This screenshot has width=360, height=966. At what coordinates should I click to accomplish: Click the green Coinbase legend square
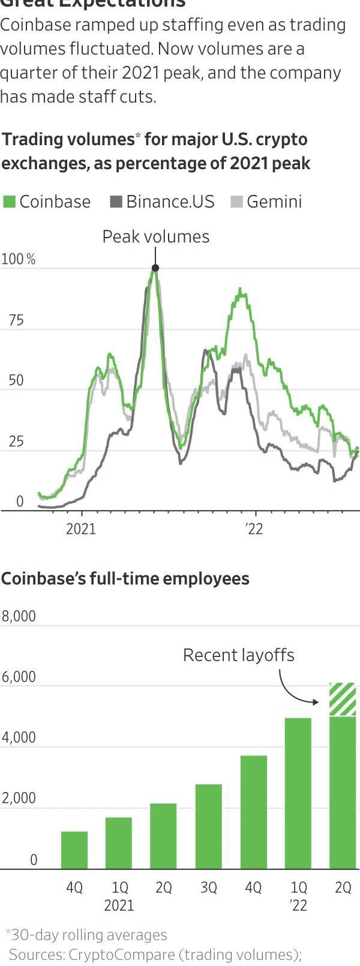click(10, 202)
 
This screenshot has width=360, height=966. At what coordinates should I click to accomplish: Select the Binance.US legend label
click(170, 202)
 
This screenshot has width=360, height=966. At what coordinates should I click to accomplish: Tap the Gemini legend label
click(274, 202)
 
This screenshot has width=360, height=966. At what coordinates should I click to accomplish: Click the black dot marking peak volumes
click(155, 268)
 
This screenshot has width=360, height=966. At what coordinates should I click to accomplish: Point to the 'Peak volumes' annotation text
click(156, 237)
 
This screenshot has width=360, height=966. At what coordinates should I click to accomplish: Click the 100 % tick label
click(19, 260)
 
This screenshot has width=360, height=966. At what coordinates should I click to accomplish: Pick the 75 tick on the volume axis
click(16, 320)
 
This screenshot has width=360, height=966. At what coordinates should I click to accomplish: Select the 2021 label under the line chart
click(80, 529)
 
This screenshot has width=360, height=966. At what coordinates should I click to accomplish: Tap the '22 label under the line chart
click(254, 529)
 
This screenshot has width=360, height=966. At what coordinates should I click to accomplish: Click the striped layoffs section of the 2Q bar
click(343, 700)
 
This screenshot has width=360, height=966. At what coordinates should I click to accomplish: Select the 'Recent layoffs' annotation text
click(239, 655)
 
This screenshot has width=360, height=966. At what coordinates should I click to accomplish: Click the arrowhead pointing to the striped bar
click(316, 701)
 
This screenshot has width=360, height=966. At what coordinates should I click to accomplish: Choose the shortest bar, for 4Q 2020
click(74, 850)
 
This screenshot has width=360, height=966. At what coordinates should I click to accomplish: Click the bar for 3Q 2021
click(208, 826)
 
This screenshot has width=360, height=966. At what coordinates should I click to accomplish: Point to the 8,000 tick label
click(19, 616)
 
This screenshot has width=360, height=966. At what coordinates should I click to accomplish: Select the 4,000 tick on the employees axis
click(19, 737)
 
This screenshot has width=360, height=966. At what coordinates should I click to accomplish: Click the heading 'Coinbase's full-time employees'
click(125, 579)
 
